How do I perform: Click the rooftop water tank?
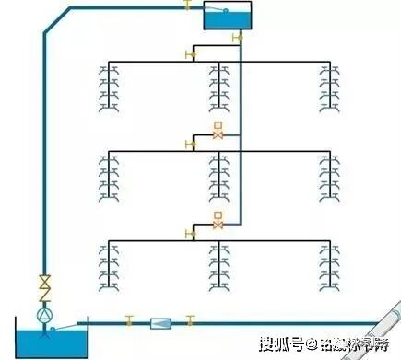pos(229,16)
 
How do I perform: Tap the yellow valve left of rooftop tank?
pos(187,7)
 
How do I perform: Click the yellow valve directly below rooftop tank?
pos(238,38)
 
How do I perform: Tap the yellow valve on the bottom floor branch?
pos(191,234)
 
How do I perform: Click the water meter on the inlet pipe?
pos(160,323)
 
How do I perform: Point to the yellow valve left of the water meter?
pos(130,321)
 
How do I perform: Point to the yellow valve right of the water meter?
pos(191,321)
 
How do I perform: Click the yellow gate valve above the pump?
pos(43,283)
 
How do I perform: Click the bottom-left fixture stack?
pos(110,268)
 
